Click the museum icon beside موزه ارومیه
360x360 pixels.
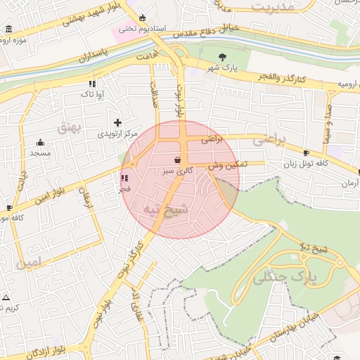[8, 29]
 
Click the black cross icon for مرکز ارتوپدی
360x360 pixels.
[117, 122]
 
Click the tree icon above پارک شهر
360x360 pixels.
[223, 56]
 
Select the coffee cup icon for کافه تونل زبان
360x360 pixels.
[305, 153]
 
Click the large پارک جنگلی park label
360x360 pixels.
[284, 276]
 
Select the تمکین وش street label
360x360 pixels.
[225, 164]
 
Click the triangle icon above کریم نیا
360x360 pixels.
[6, 297]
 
